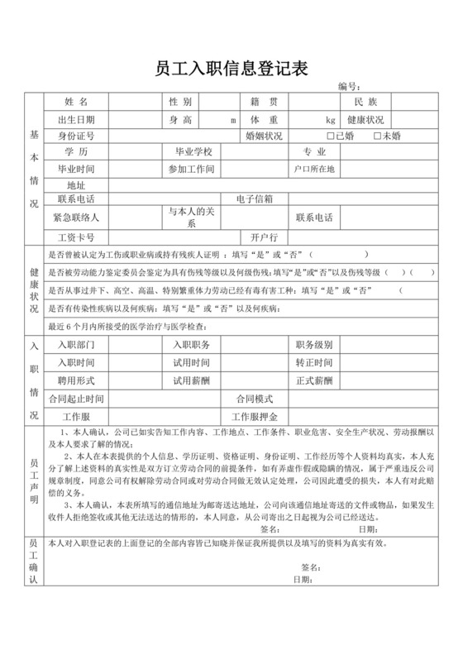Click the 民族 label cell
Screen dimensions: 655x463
pyautogui.click(x=365, y=103)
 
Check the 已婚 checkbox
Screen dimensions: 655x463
pyautogui.click(x=331, y=136)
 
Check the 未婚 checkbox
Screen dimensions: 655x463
pyautogui.click(x=378, y=136)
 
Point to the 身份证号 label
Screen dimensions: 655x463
pyautogui.click(x=75, y=136)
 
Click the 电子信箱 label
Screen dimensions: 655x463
pyautogui.click(x=255, y=199)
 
